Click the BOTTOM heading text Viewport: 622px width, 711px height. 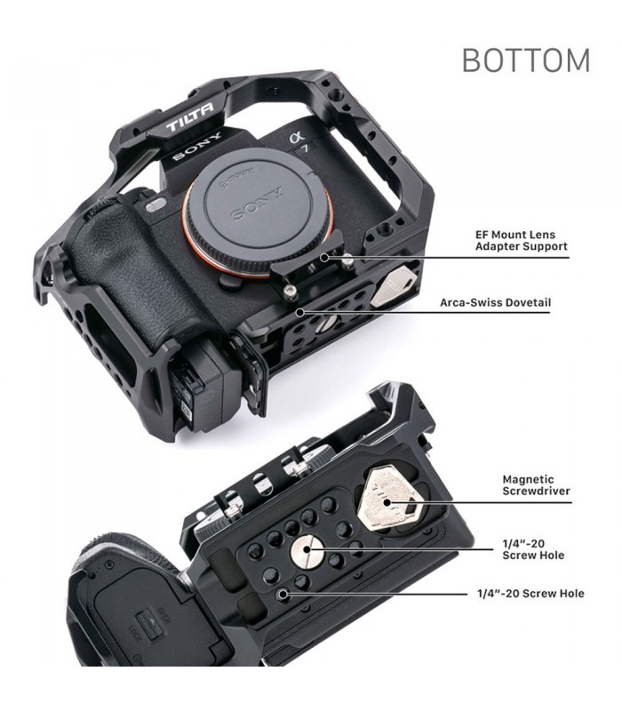pos(526,60)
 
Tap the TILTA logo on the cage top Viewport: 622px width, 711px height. pos(189,119)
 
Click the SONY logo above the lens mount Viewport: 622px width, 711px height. pos(198,146)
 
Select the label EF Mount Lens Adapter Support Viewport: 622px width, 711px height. pos(522,240)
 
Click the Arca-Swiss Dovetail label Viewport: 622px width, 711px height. pos(495,302)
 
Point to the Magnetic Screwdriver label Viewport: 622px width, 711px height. pos(536,484)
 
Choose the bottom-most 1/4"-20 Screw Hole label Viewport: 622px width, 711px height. pos(530,593)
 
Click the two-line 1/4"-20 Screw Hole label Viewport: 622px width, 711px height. pos(533,549)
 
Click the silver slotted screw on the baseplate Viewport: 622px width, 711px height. pos(307,551)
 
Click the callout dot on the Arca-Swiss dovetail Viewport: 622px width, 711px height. pos(299,312)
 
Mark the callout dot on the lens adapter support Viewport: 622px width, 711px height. pos(324,258)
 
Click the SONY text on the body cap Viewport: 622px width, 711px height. pos(257,204)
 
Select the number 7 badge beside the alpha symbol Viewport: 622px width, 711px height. pos(307,148)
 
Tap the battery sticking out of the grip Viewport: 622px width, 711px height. pos(194,386)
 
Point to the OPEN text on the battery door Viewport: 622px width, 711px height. pos(163,615)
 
